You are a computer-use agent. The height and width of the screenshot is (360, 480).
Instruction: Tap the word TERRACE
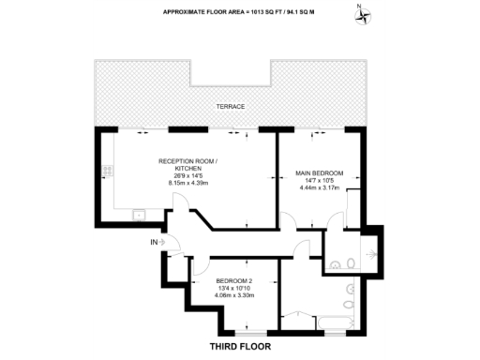230,106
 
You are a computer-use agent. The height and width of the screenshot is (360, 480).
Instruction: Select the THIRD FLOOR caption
238,346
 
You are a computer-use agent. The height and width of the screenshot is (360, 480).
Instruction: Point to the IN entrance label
154,243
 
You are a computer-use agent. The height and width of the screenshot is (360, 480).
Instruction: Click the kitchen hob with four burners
108,172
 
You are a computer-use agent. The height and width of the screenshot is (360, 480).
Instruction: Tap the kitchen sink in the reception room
138,216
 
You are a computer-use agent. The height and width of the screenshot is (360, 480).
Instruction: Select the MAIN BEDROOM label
320,173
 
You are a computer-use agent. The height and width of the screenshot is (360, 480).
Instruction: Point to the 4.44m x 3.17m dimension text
320,188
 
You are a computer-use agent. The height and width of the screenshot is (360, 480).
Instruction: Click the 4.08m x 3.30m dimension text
232,297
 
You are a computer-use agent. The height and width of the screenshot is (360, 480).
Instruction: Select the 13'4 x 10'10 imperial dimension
232,290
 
